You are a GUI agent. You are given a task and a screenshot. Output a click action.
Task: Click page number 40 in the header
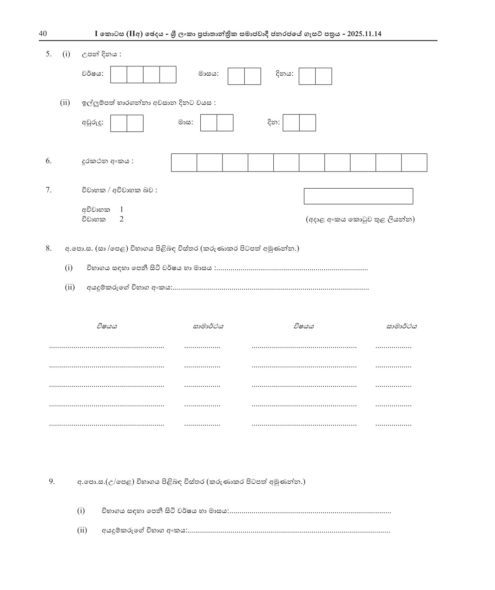pyautogui.click(x=43, y=34)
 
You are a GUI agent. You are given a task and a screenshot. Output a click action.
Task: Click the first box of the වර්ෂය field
pyautogui.click(x=119, y=75)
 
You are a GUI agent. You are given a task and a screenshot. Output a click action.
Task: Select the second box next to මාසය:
pyautogui.click(x=252, y=76)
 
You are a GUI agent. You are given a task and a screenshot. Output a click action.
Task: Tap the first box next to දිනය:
pyautogui.click(x=307, y=76)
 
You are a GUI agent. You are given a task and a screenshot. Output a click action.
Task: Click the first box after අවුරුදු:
pyautogui.click(x=119, y=123)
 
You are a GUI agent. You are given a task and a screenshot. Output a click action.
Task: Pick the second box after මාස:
pyautogui.click(x=225, y=123)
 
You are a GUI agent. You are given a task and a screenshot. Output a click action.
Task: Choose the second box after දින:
pyautogui.click(x=307, y=123)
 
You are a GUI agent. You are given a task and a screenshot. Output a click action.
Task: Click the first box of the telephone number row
pyautogui.click(x=184, y=162)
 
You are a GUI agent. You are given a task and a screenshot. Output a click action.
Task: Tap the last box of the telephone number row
pyautogui.click(x=414, y=162)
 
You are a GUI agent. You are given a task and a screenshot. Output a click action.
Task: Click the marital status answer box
pyautogui.click(x=358, y=196)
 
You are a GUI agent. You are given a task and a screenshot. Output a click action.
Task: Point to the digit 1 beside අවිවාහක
pyautogui.click(x=122, y=210)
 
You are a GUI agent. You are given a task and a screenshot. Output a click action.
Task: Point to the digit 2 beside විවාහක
pyautogui.click(x=122, y=219)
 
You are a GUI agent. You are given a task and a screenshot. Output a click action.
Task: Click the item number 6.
pyautogui.click(x=49, y=161)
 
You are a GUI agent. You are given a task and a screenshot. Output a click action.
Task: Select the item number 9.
pyautogui.click(x=52, y=481)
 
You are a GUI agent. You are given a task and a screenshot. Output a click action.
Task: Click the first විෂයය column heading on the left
pyautogui.click(x=107, y=326)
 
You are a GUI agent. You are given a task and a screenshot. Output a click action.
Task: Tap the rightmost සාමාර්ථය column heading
pyautogui.click(x=401, y=326)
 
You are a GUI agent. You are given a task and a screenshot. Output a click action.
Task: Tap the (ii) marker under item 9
pyautogui.click(x=82, y=530)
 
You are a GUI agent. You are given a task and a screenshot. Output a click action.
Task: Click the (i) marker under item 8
pyautogui.click(x=69, y=267)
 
